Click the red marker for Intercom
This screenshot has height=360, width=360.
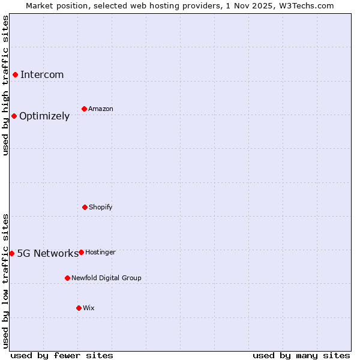(15, 74)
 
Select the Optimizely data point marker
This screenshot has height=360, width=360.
(14, 116)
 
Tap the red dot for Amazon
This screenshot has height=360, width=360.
(84, 109)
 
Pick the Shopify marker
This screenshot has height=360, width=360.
(85, 207)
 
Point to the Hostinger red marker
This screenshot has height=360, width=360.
(81, 252)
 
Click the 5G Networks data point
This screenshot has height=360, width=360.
(11, 253)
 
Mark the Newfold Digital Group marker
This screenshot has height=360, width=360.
(67, 278)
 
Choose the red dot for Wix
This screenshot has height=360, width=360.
(79, 308)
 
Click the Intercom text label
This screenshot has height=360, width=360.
(42, 74)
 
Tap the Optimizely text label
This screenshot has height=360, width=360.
(44, 116)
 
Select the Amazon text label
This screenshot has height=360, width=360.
(101, 109)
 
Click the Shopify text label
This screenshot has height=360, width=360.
(101, 207)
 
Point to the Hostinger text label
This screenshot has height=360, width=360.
(100, 252)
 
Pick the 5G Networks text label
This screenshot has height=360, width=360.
(47, 253)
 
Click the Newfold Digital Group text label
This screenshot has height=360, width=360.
(106, 278)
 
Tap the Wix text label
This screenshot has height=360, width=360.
(89, 308)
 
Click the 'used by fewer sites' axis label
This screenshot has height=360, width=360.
(62, 355)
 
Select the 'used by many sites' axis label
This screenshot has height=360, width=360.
(301, 355)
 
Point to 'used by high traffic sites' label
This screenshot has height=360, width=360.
(5, 85)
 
